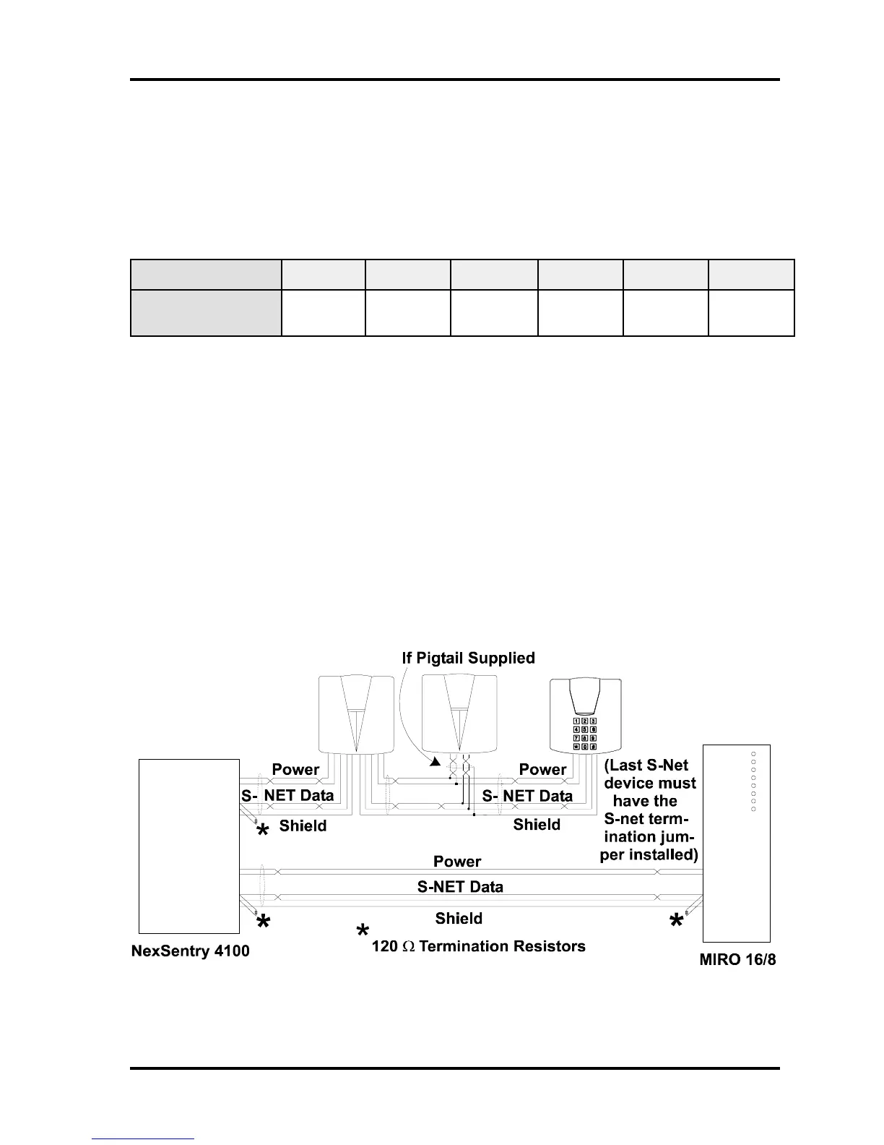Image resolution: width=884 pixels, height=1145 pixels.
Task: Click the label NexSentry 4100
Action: click(x=191, y=951)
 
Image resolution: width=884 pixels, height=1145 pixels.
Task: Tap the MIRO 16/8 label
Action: click(x=737, y=961)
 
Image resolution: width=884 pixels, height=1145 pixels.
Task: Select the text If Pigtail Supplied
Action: click(x=468, y=658)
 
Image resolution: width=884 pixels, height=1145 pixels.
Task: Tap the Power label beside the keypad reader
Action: click(x=542, y=769)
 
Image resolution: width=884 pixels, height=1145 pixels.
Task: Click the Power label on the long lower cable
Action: click(x=456, y=861)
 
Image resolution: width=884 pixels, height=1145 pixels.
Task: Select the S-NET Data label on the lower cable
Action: click(x=460, y=887)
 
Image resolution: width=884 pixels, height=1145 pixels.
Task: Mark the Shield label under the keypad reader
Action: click(x=537, y=825)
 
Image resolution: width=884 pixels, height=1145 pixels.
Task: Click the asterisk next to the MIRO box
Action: click(x=676, y=922)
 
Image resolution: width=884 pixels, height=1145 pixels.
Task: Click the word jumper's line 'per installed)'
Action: click(x=649, y=854)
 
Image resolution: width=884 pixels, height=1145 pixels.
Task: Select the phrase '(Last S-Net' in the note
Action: click(x=646, y=765)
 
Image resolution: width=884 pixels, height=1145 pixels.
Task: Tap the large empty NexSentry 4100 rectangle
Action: click(x=189, y=846)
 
